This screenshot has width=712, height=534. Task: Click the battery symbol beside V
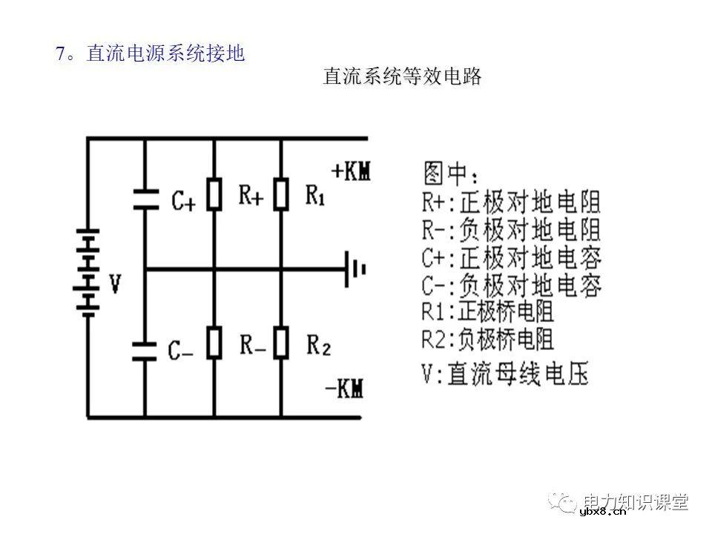point(88,271)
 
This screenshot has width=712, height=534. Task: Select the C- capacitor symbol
point(145,349)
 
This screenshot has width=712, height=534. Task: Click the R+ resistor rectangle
point(214,195)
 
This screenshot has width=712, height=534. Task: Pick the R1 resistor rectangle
point(281,195)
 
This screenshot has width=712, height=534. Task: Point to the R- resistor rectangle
point(214,344)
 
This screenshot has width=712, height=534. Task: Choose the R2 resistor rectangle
point(281,344)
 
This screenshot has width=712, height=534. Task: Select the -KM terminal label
point(345,387)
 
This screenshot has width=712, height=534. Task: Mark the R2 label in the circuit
point(318,345)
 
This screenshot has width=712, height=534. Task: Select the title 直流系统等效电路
point(403,76)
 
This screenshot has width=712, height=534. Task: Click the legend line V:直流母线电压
point(505,374)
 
